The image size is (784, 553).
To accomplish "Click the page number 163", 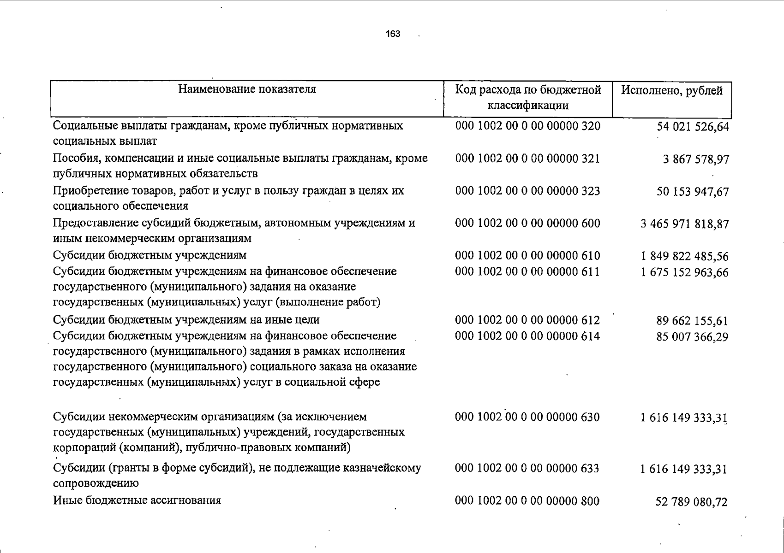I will pos(394,34).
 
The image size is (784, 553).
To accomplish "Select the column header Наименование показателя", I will pos(247,89).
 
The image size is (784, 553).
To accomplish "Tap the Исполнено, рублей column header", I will pos(671,90).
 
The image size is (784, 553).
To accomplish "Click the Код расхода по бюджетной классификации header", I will pos(528,97).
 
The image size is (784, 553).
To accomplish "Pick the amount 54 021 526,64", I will pos(693,127).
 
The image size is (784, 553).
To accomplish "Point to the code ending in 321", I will pos(527,159).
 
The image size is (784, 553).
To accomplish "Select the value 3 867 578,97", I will pos(696,159).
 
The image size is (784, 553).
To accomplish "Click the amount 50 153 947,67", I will pos(693,192).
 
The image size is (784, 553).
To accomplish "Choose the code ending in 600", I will pos(527,224).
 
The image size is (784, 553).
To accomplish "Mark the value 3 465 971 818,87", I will pos(685,224).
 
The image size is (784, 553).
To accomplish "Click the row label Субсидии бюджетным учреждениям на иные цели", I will pos(186,320).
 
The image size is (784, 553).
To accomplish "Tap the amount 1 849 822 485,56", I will pos(685,256).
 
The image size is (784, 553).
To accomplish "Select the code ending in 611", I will pos(527,271).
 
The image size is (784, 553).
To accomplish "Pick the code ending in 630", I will pos(527,418).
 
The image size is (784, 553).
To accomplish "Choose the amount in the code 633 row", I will pos(684,470).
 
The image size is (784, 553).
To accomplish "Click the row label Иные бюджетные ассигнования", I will pos(137,500).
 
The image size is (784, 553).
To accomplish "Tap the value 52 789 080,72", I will pos(691,502).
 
